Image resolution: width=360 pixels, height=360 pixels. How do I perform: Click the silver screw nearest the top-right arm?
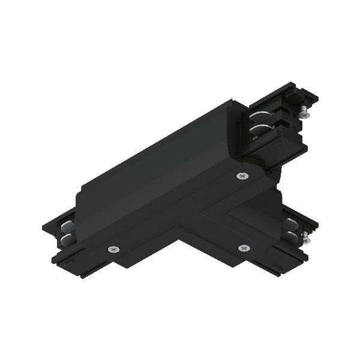pos(242,176)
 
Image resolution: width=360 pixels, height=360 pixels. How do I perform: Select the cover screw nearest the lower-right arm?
pos(243,248)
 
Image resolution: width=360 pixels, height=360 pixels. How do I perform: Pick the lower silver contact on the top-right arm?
pos(259,129)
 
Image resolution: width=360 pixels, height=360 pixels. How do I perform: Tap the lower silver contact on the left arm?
pos(65,241)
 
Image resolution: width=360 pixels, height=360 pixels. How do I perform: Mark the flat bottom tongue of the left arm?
pos(69,262)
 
